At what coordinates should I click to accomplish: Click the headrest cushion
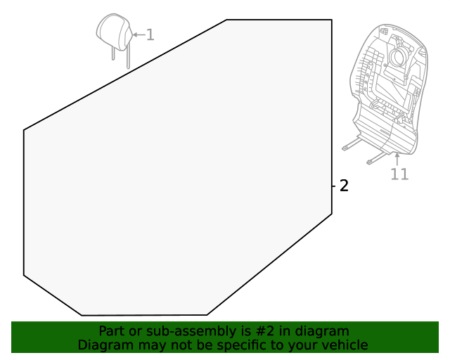[x=113, y=32]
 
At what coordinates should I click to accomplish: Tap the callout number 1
[x=150, y=34]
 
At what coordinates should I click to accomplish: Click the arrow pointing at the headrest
[x=136, y=34]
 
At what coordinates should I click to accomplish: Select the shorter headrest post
[x=112, y=53]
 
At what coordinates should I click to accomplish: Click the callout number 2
[x=344, y=186]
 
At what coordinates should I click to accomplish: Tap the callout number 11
[x=399, y=174]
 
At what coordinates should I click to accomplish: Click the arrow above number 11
[x=397, y=158]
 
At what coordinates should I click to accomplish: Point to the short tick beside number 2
[x=334, y=186]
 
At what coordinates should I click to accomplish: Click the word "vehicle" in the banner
[x=344, y=345]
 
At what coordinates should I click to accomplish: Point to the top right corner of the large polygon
[x=331, y=20]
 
